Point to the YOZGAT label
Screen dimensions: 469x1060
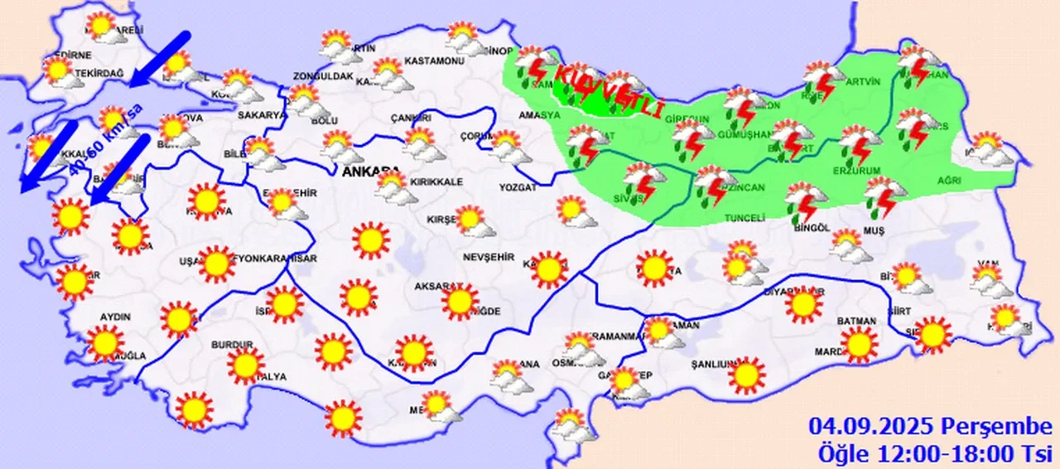pyautogui.click(x=518, y=188)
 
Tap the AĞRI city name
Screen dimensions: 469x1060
pyautogui.click(x=950, y=181)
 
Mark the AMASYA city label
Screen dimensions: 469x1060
pyautogui.click(x=539, y=115)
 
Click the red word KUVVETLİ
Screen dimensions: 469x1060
pyautogui.click(x=609, y=92)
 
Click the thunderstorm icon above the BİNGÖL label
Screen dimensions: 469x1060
pyautogui.click(x=805, y=201)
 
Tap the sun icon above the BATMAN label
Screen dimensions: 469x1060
pyautogui.click(x=859, y=344)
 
